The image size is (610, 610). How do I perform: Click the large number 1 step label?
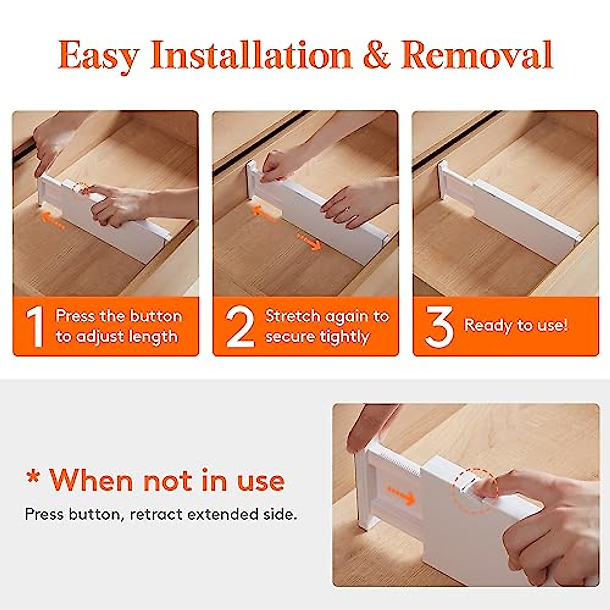pyautogui.click(x=35, y=327)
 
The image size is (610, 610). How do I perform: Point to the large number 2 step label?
pyautogui.click(x=240, y=327)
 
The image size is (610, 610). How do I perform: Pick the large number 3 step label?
pyautogui.click(x=439, y=327)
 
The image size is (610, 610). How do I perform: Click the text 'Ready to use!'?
pyautogui.click(x=515, y=325)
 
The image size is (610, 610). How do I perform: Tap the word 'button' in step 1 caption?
pyautogui.click(x=156, y=316)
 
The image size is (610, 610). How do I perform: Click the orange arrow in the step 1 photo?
pyautogui.click(x=52, y=220)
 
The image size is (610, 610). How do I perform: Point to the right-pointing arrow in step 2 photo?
pyautogui.click(x=309, y=241)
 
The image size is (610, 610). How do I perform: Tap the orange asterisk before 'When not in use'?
pyautogui.click(x=34, y=478)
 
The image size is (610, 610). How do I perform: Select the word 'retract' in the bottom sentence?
pyautogui.click(x=157, y=514)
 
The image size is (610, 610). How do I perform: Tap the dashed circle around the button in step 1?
pyautogui.click(x=80, y=188)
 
